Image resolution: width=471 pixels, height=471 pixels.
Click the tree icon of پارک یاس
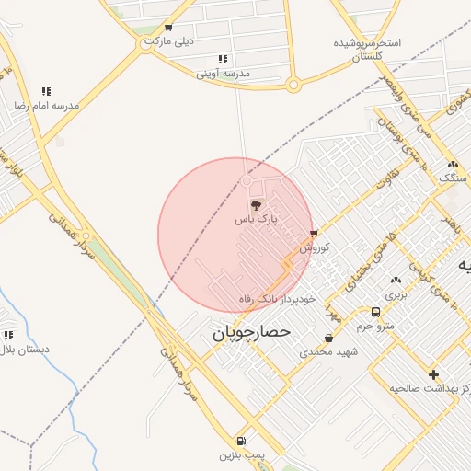click(256, 204)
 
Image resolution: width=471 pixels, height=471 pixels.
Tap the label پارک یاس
click(256, 220)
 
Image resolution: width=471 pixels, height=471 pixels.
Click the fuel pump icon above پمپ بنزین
click(241, 441)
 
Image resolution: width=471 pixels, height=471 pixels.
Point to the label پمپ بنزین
click(240, 455)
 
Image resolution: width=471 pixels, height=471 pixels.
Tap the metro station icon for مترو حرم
click(375, 312)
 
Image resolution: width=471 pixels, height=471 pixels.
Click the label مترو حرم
click(375, 327)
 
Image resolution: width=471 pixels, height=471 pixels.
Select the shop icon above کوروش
click(314, 234)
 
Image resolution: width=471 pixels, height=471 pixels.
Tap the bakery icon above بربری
click(396, 281)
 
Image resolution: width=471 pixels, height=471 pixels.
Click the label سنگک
click(454, 177)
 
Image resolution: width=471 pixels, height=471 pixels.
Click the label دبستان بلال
click(25, 350)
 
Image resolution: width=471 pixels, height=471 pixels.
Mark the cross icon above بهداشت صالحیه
click(434, 373)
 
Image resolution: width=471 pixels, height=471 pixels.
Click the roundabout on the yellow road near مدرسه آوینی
click(293, 86)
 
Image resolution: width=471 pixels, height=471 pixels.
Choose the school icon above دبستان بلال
click(9, 336)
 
